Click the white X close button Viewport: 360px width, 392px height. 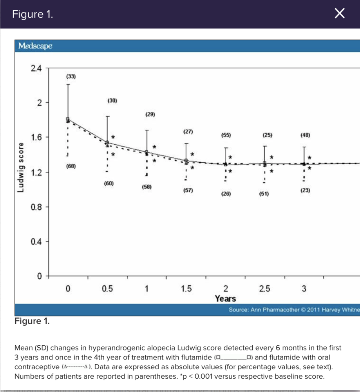tap(340, 15)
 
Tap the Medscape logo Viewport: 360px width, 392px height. tap(36, 46)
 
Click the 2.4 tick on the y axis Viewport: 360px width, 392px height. tap(36, 69)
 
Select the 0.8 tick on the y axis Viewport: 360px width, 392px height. tap(36, 207)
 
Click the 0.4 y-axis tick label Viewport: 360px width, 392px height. tap(36, 241)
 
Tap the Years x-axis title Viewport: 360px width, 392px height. tap(225, 299)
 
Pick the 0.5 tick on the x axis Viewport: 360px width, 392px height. tap(107, 289)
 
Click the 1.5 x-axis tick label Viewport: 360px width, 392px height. tap(186, 289)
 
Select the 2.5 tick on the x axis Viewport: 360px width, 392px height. tap(264, 289)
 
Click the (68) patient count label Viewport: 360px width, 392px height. tap(71, 167)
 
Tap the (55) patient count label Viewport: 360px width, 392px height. tap(226, 135)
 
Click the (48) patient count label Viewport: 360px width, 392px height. tap(305, 135)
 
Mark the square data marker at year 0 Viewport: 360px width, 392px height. tap(68, 119)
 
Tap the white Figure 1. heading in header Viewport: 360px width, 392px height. tap(33, 15)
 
